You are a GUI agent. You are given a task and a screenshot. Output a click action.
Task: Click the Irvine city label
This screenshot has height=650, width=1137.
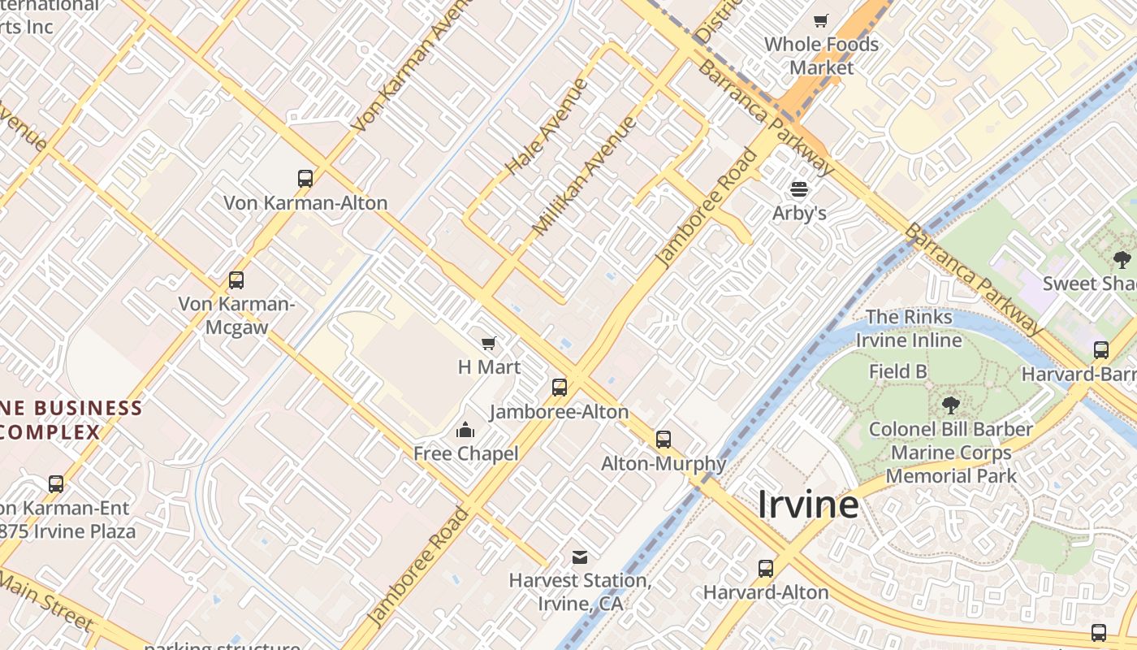click(808, 505)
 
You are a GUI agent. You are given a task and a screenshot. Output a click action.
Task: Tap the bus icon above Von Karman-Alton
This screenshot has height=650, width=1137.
click(305, 179)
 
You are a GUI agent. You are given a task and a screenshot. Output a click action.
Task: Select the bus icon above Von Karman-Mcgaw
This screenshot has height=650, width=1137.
click(236, 280)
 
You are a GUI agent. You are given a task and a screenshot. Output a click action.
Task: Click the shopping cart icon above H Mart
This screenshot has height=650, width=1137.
click(489, 344)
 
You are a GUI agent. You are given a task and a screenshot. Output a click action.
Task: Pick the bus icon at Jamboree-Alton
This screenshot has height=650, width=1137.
click(560, 388)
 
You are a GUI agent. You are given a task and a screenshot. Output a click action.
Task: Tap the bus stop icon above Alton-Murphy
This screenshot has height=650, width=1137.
click(664, 440)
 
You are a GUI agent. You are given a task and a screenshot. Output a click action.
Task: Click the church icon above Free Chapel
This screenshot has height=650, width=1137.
click(465, 429)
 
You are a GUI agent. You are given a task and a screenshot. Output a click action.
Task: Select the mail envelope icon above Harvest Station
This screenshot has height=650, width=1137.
click(580, 557)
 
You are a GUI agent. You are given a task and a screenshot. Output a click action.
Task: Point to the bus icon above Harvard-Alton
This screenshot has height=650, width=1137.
click(766, 569)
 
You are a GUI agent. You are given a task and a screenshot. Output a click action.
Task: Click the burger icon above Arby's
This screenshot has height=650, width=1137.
click(799, 189)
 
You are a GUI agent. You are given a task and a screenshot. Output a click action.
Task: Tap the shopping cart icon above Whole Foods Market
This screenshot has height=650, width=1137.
click(821, 20)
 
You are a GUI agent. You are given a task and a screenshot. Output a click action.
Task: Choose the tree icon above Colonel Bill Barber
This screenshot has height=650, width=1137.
click(950, 405)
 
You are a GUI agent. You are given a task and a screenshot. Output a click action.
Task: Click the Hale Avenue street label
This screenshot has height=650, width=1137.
click(547, 127)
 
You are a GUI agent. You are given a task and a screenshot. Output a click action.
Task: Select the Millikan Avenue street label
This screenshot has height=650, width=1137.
click(584, 176)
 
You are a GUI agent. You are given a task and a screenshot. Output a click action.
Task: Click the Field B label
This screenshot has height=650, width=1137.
click(898, 372)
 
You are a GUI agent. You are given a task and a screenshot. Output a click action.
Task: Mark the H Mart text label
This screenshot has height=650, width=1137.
click(489, 367)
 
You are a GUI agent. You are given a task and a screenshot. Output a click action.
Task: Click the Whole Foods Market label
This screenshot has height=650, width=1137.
click(821, 55)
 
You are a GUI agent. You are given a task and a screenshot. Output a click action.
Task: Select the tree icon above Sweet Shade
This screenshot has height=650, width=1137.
click(1122, 260)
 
